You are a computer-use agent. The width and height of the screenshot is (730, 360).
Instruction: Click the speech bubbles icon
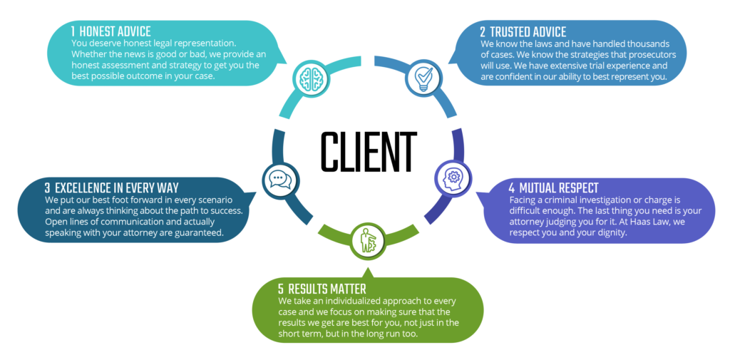click(x=277, y=180)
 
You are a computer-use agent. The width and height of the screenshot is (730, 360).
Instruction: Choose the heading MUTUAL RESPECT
click(x=560, y=188)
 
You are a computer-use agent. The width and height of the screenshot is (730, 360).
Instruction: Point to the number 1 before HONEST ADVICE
click(x=73, y=32)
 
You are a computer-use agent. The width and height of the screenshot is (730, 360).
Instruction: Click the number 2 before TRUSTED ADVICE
click(x=483, y=32)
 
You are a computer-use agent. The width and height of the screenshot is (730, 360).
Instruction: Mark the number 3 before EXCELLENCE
click(x=47, y=188)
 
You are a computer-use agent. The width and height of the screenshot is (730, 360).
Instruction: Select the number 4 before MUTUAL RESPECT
click(x=511, y=188)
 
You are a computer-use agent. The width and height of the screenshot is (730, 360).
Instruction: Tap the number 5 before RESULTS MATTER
click(x=280, y=289)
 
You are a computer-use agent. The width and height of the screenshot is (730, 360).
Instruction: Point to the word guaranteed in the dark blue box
click(x=193, y=232)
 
